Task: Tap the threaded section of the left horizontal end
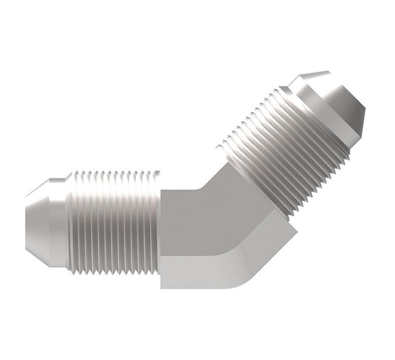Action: coord(114,222)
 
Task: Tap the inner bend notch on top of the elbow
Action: coord(201,186)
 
